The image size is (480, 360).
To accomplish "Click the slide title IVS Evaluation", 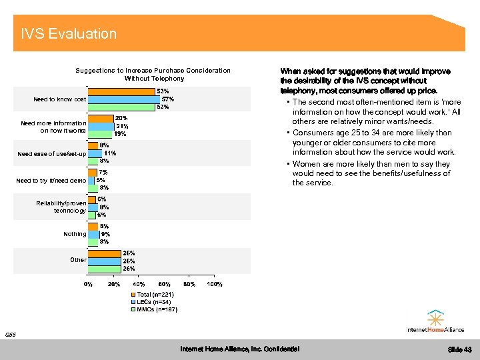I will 69,34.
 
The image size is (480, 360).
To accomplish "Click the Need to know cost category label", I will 60,99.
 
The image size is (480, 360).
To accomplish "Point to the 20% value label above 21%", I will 122,118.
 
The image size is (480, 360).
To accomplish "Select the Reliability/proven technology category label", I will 61,207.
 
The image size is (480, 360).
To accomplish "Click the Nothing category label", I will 75,234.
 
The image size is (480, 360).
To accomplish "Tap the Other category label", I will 78,260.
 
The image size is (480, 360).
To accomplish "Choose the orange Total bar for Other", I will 104,253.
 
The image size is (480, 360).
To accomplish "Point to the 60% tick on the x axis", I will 164,285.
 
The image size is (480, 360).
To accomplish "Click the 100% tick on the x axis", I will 214,285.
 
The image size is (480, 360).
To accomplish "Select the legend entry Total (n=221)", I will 155,295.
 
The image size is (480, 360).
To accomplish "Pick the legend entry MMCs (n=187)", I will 156,309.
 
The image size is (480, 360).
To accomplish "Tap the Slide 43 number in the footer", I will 459,349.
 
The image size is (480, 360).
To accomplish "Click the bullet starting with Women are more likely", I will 371,173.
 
